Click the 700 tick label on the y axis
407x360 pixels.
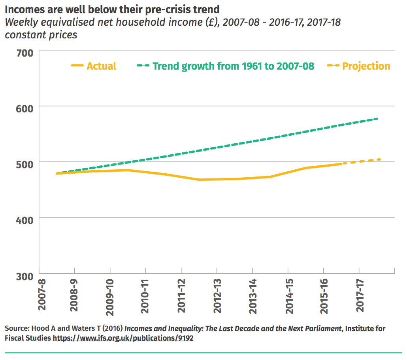(x=24, y=53)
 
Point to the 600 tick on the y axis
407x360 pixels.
(x=24, y=107)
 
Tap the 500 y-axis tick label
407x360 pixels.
(x=24, y=163)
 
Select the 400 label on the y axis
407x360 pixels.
(x=24, y=219)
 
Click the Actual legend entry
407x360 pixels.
(x=101, y=66)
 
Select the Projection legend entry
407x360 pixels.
(x=366, y=66)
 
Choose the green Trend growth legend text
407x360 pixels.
(x=233, y=66)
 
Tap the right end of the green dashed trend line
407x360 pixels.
(x=378, y=119)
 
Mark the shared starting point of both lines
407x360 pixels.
(x=58, y=173)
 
